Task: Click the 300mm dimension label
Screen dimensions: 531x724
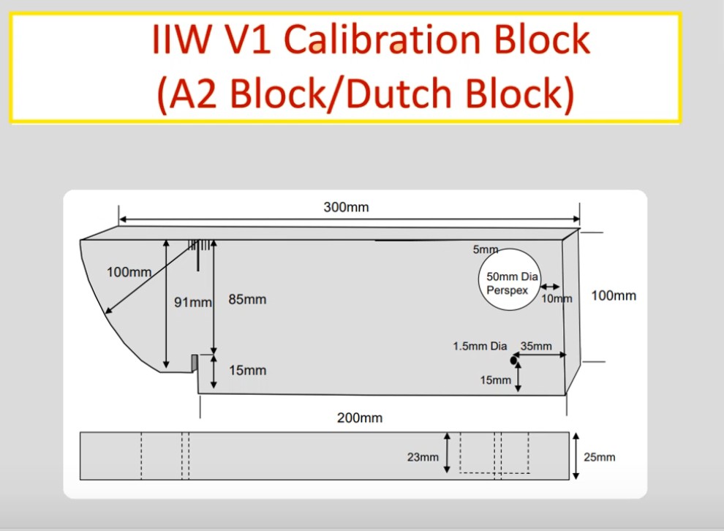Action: [x=346, y=207]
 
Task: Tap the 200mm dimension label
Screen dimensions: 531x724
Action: [x=359, y=418]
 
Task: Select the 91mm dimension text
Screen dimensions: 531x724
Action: [x=192, y=302]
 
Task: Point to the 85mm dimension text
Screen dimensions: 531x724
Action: [x=247, y=299]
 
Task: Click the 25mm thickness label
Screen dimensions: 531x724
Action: [x=600, y=457]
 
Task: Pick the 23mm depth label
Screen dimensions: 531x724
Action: [x=423, y=457]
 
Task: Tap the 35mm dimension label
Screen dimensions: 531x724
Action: [x=536, y=346]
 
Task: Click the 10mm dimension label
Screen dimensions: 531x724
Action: [x=557, y=298]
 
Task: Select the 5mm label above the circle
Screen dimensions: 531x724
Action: [x=485, y=249]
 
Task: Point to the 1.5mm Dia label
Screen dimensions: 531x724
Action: [x=480, y=346]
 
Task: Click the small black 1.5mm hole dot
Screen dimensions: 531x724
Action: [x=514, y=360]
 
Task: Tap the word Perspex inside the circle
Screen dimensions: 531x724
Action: [x=508, y=290]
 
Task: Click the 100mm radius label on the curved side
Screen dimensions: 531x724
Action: [x=129, y=272]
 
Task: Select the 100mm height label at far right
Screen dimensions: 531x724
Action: [x=613, y=295]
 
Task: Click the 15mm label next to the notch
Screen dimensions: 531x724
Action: [x=247, y=370]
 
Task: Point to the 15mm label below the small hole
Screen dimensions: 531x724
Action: [x=496, y=380]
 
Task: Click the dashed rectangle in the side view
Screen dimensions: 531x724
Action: [x=494, y=453]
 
